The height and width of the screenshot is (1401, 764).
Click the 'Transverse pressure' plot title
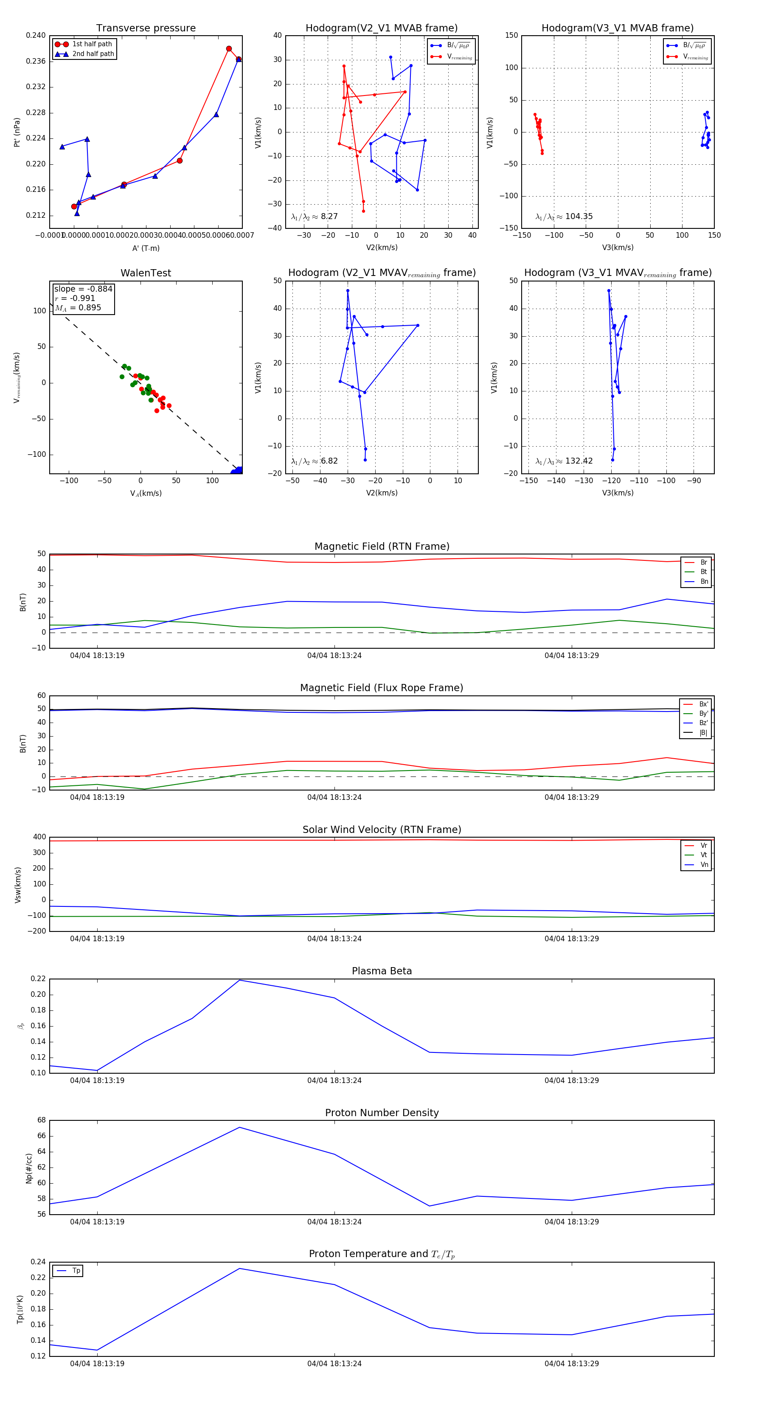tap(146, 28)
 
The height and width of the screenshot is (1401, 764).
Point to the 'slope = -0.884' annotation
tap(83, 289)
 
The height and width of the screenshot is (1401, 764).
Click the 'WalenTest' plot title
tap(146, 273)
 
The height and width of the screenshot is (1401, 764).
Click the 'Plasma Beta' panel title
tap(382, 971)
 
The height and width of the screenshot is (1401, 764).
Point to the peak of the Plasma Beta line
tap(240, 980)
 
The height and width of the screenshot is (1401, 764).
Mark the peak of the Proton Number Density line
tap(240, 1127)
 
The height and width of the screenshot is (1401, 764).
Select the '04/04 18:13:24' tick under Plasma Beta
tap(334, 1080)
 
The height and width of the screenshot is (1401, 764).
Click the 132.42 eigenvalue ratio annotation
tap(579, 461)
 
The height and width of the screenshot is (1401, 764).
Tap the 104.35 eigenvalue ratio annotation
tap(579, 217)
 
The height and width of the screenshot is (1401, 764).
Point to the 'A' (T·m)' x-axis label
tap(146, 248)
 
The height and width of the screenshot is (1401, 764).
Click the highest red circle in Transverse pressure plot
tap(229, 49)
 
